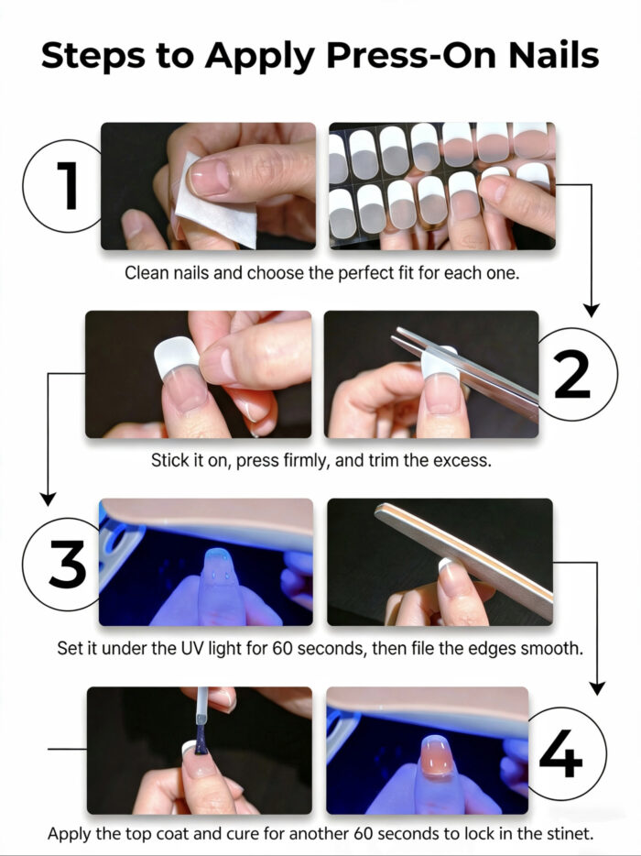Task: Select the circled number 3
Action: [67, 563]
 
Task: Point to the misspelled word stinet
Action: [568, 835]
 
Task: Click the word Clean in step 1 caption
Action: [146, 272]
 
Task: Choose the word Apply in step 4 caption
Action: [70, 835]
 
